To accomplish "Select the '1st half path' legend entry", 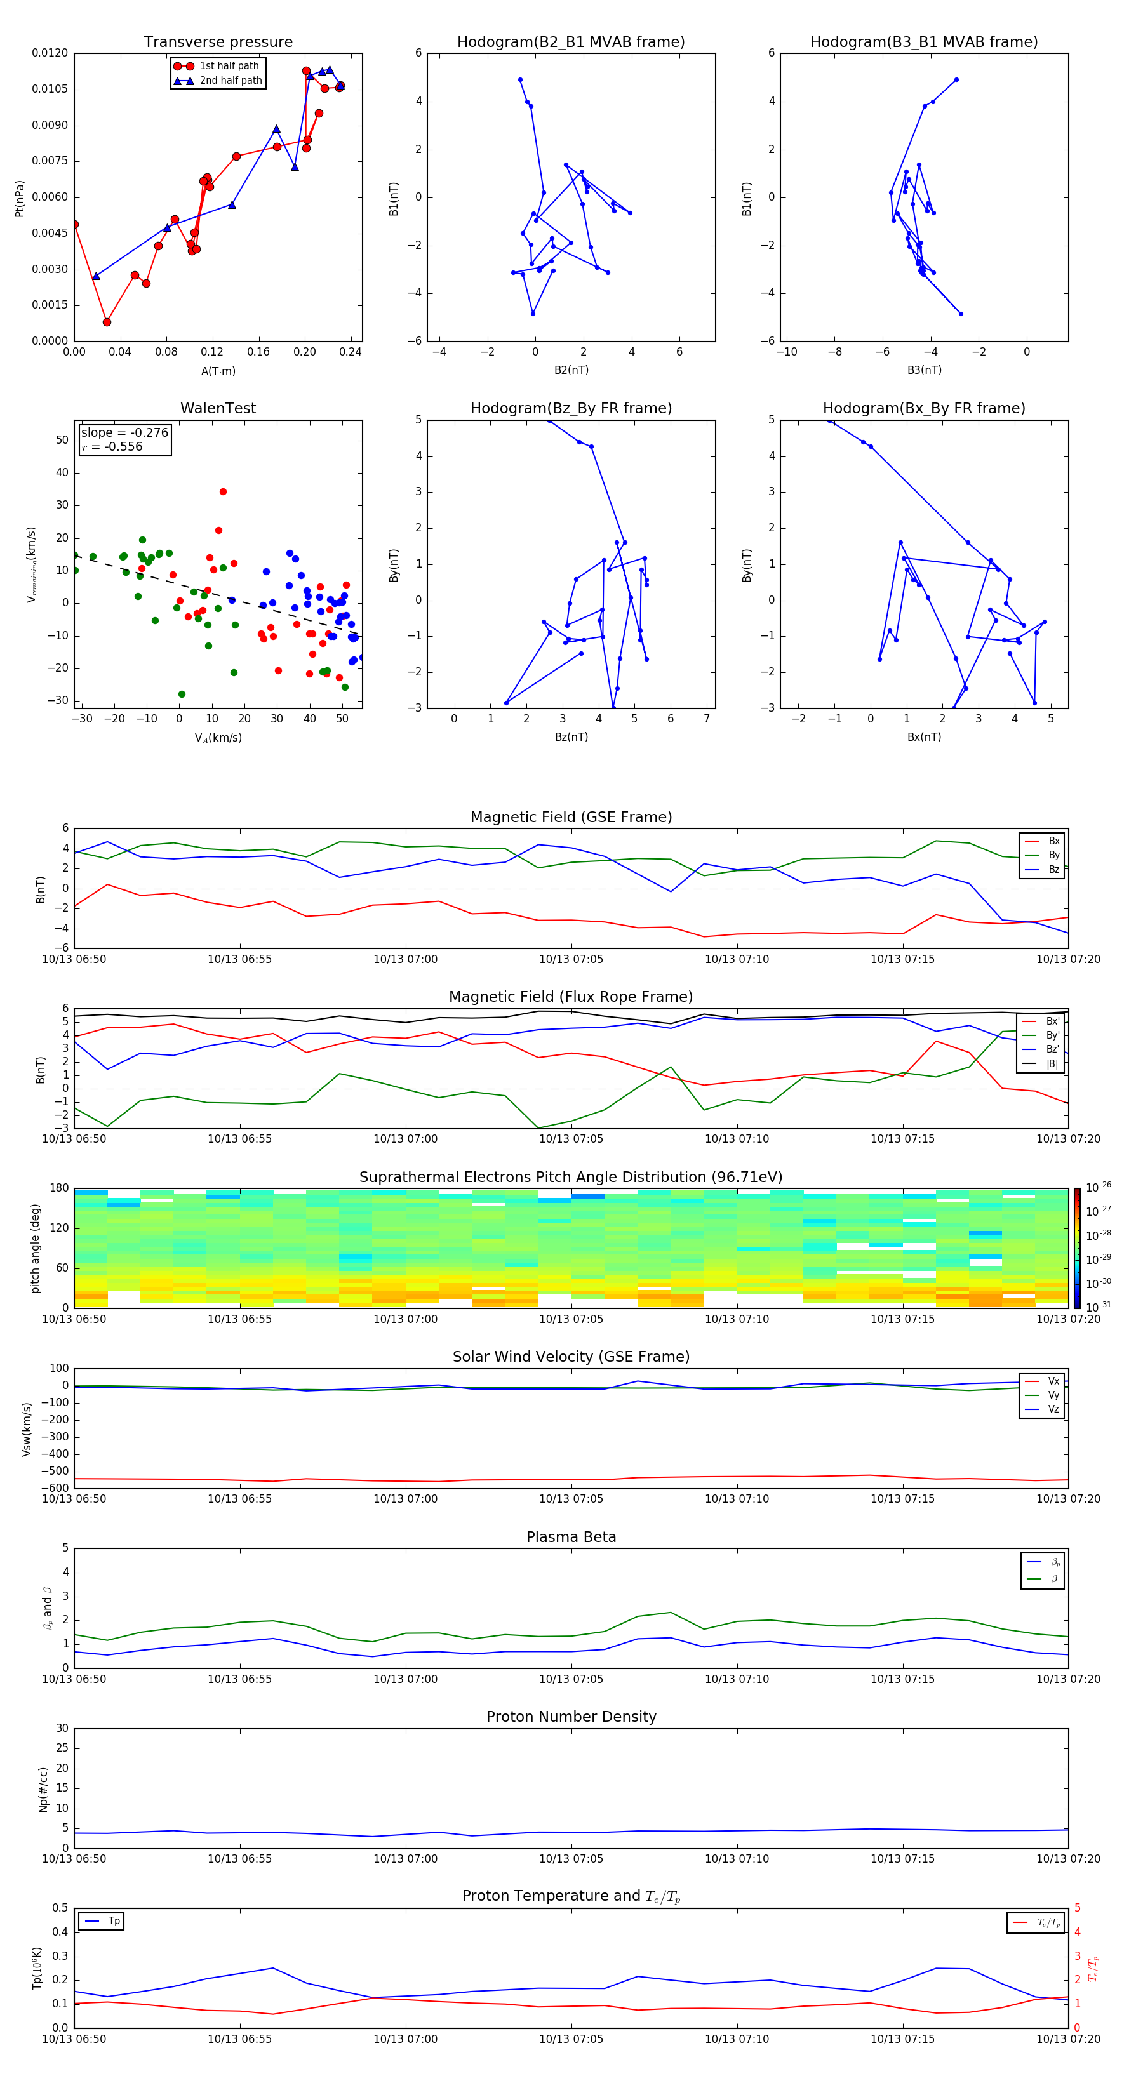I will (229, 66).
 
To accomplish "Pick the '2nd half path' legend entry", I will (231, 81).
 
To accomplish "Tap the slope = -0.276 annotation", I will (124, 433).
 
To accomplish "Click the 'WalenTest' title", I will (218, 408).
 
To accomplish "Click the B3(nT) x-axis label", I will (923, 370).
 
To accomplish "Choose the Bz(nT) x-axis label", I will (570, 737).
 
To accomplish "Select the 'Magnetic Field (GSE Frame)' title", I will (571, 817).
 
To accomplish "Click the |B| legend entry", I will (1052, 1064).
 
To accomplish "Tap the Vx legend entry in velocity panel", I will (1053, 1381).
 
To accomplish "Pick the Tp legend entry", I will (113, 1921).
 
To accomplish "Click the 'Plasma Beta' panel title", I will (571, 1537).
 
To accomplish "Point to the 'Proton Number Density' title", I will (571, 1717).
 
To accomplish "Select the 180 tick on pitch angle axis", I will (58, 1188).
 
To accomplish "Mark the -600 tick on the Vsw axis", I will (54, 1488).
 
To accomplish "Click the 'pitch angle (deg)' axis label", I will (35, 1248).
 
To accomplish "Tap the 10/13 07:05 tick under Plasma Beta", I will (571, 1679).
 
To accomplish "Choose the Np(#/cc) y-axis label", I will (43, 1789).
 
